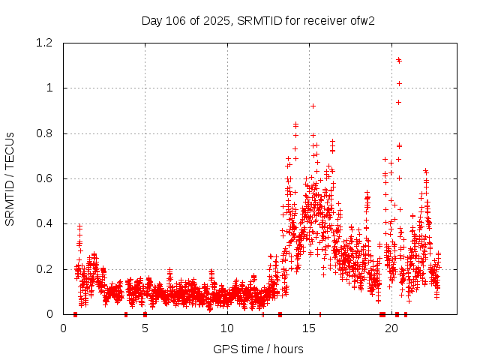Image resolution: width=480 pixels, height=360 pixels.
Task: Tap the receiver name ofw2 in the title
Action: (x=361, y=20)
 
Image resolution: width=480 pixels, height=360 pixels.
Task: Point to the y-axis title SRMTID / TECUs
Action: (x=10, y=178)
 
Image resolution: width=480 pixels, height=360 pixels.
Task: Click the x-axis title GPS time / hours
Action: (x=258, y=349)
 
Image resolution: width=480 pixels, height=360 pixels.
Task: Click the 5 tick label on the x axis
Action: (x=145, y=328)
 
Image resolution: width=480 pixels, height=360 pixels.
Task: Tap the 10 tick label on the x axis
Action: (x=227, y=328)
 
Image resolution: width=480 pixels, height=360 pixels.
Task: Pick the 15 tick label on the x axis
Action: (x=309, y=328)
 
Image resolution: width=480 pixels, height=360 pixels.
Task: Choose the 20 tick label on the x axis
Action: (x=391, y=328)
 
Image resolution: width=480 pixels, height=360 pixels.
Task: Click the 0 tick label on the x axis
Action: (x=63, y=328)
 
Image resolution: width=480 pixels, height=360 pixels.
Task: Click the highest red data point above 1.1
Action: (x=399, y=60)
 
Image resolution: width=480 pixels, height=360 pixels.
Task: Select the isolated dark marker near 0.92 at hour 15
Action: (x=313, y=106)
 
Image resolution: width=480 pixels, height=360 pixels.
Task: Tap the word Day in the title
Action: (x=152, y=20)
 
